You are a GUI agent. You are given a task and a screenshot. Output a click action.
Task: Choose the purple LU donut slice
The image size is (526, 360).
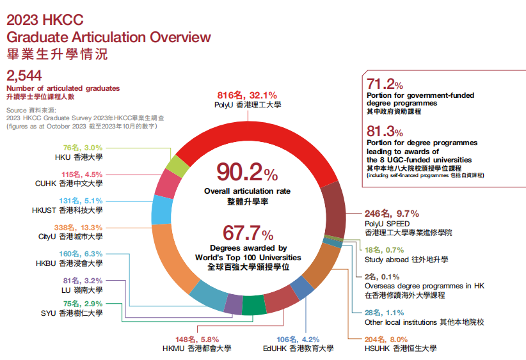click(234, 304)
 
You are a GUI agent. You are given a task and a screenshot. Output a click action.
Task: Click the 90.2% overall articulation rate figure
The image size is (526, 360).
click(246, 173)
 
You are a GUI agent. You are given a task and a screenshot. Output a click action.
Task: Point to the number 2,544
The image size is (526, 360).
click(24, 76)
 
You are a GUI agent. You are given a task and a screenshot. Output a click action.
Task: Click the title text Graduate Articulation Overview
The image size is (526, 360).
click(108, 36)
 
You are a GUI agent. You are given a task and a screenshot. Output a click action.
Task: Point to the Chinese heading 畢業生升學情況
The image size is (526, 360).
click(57, 54)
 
